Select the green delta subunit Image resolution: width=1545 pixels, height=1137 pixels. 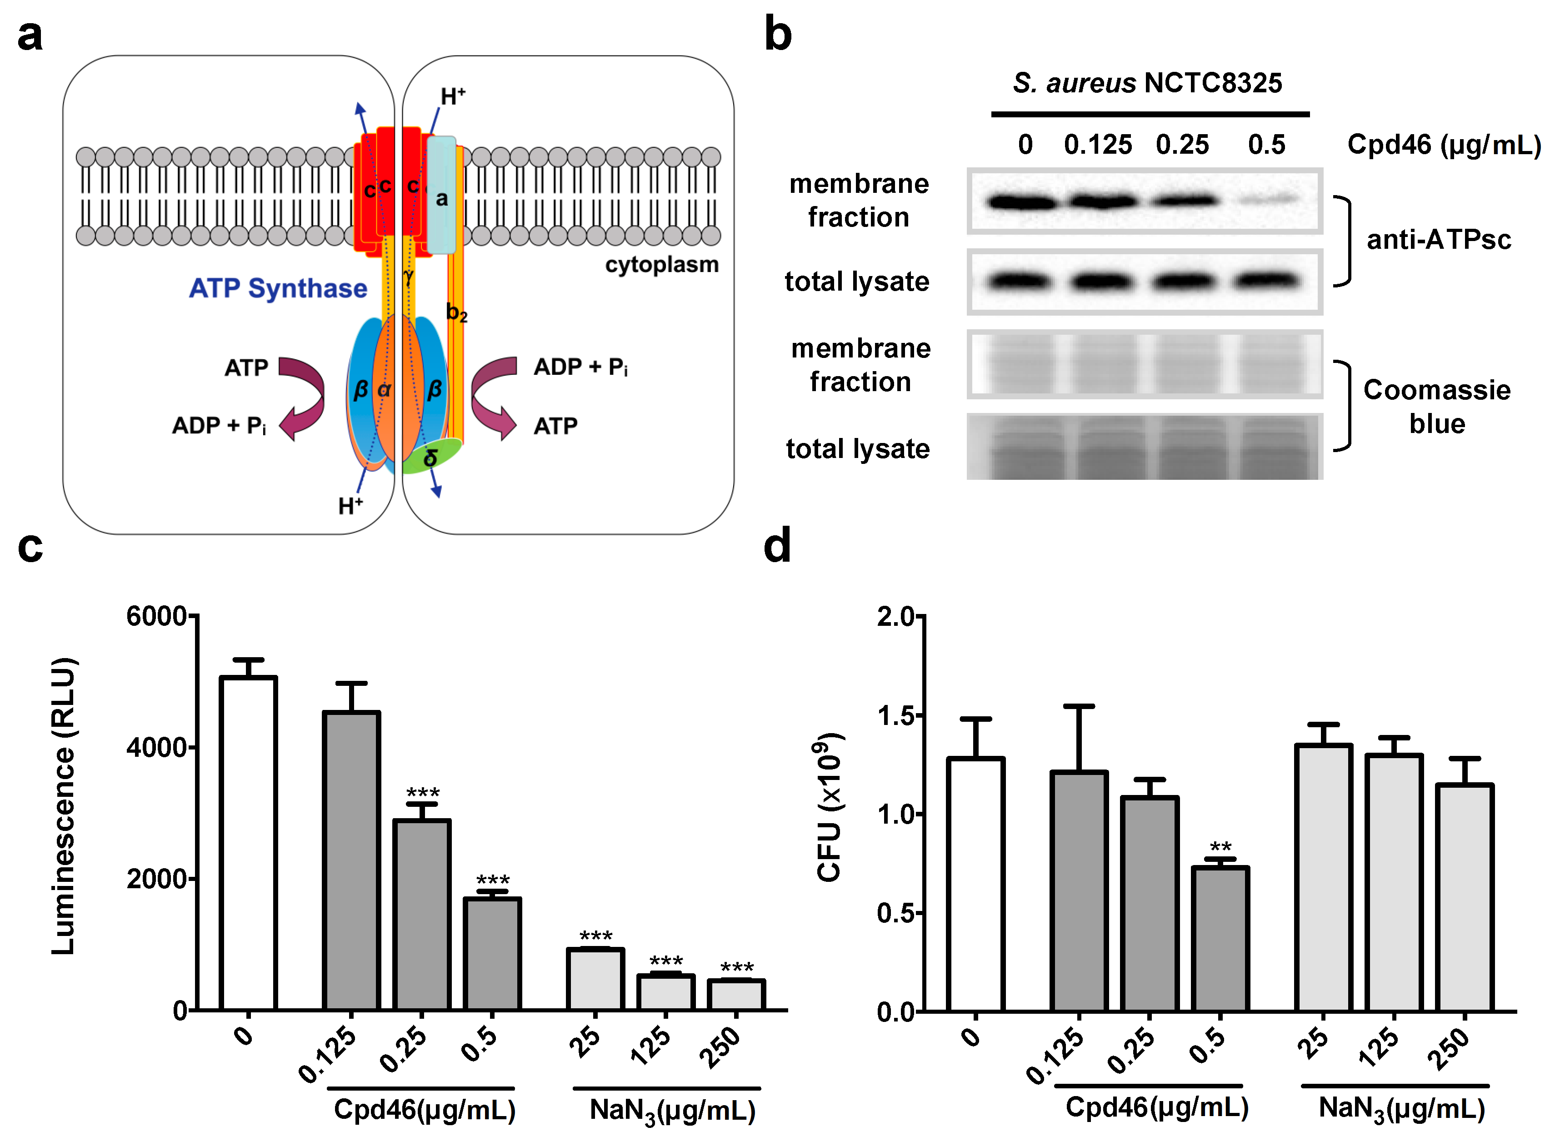(432, 456)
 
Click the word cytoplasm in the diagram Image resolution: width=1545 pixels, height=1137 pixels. (662, 264)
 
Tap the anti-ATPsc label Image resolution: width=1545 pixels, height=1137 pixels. (1438, 240)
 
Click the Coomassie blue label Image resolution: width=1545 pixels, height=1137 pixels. (1436, 406)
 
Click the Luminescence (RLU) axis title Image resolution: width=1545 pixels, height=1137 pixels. (63, 805)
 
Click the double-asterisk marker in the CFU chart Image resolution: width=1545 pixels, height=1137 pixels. (1220, 846)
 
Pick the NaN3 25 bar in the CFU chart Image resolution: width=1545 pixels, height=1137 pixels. (1324, 877)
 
